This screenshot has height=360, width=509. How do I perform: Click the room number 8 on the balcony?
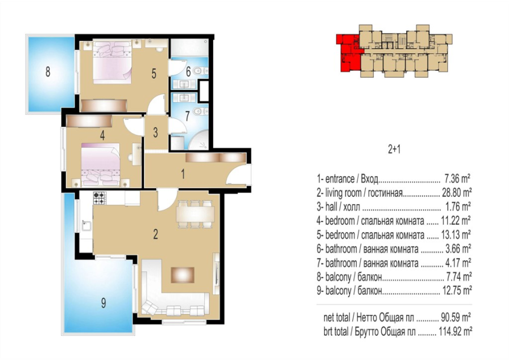pos(48,72)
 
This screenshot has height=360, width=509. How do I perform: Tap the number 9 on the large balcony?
pos(103,303)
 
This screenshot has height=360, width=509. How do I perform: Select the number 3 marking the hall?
pos(156,132)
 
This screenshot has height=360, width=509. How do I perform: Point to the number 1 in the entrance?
pos(183,174)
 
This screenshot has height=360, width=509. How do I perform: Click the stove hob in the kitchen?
pos(100,198)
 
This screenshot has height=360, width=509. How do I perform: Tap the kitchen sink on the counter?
pos(86,225)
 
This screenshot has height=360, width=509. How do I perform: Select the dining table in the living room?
pos(195,214)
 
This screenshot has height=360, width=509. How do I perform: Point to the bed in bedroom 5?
pos(113,62)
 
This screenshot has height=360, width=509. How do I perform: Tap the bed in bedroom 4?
pos(101,164)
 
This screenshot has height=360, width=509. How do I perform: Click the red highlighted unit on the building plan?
pos(348,52)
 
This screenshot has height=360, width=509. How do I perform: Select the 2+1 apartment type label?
pos(394,149)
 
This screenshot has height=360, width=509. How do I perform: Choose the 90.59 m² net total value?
pos(456,317)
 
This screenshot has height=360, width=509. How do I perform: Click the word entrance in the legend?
pos(340,179)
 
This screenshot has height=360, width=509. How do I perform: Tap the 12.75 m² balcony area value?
pos(457,290)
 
